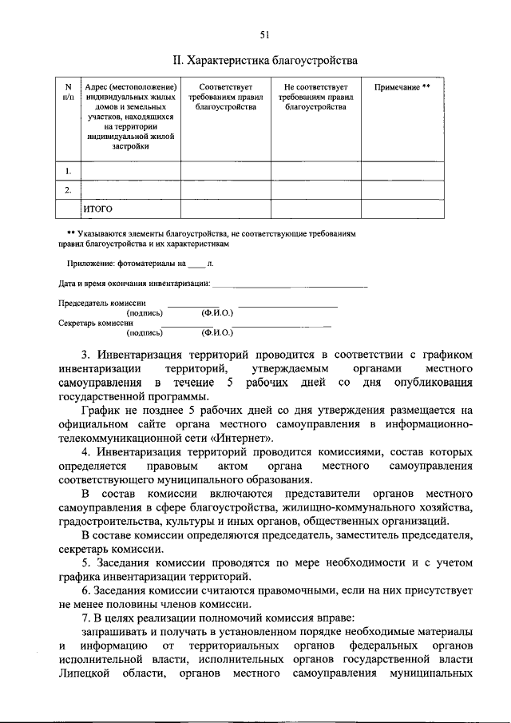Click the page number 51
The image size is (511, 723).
[x=264, y=34]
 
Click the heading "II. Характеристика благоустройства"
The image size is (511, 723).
[x=265, y=60]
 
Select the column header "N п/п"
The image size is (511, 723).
[x=68, y=91]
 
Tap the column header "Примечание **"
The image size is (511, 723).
[x=402, y=86]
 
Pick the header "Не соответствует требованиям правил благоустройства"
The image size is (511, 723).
[x=315, y=96]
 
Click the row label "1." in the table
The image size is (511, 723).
[x=68, y=170]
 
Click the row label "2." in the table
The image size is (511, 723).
[x=68, y=190]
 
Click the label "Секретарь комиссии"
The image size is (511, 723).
[x=97, y=324]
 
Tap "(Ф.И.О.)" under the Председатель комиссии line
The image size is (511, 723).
[x=217, y=313]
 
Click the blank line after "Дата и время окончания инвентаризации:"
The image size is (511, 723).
[x=291, y=285]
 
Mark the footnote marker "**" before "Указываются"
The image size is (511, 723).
[x=71, y=233]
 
